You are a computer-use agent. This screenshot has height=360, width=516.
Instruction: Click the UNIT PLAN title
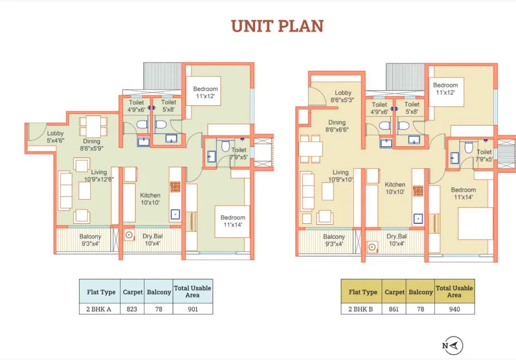[277, 26]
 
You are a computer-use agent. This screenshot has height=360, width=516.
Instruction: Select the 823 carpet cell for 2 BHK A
[132, 309]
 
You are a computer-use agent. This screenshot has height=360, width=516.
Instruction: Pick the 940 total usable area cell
[455, 309]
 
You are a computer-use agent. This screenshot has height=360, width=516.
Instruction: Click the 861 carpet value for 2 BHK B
[394, 309]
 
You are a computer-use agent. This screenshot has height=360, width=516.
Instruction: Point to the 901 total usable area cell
[193, 309]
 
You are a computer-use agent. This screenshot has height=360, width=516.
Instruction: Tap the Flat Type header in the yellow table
[363, 292]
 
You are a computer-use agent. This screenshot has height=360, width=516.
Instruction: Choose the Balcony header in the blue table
[158, 292]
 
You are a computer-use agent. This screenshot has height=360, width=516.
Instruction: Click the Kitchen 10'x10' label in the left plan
[150, 199]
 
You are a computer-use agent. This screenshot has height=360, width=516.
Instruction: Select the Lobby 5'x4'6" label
[55, 137]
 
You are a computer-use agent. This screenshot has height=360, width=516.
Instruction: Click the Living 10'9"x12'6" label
[99, 176]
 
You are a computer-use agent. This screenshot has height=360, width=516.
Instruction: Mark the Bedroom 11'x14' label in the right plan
[463, 193]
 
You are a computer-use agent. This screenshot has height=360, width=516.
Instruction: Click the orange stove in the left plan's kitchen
[175, 187]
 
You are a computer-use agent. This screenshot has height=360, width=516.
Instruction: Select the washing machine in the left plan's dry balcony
[129, 235]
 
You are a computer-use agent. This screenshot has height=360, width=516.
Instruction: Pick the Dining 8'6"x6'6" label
[337, 126]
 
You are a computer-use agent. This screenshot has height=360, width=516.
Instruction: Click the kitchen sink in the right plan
[418, 218]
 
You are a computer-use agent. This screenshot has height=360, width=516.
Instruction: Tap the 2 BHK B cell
[361, 309]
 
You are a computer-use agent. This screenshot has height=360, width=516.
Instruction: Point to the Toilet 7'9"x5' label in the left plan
[239, 153]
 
